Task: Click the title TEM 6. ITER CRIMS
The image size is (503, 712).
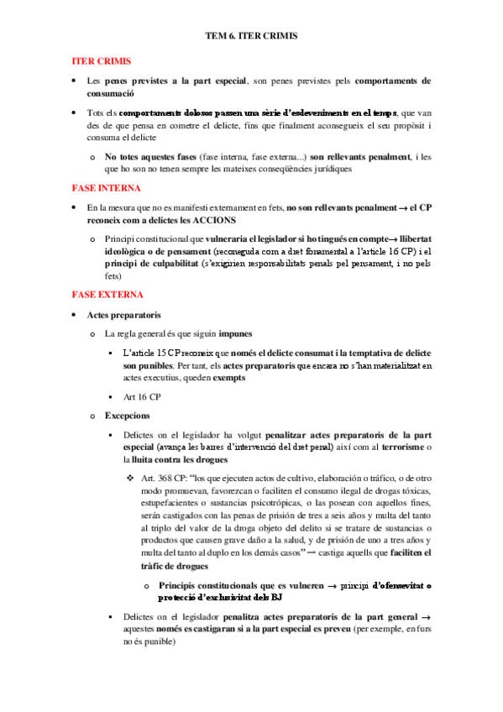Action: pos(251,38)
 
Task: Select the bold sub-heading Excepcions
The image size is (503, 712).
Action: pos(128,415)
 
